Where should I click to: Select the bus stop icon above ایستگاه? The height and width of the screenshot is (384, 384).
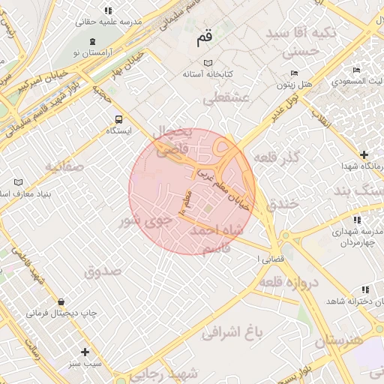tap(118, 119)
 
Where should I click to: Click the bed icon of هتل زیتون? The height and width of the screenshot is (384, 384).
tap(294, 72)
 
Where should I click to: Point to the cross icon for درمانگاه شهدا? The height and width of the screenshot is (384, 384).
tap(364, 154)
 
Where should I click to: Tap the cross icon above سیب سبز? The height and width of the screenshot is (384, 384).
tap(85, 352)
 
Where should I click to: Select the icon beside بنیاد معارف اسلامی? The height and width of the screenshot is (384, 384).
tap(18, 182)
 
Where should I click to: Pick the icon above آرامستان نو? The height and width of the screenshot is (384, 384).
tap(92, 41)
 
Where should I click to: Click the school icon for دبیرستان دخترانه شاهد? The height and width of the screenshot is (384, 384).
tap(365, 289)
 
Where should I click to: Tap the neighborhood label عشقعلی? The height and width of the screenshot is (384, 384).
tap(224, 98)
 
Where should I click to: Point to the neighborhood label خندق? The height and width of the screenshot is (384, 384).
tap(283, 203)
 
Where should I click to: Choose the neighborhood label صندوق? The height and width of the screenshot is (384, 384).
tap(103, 271)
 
